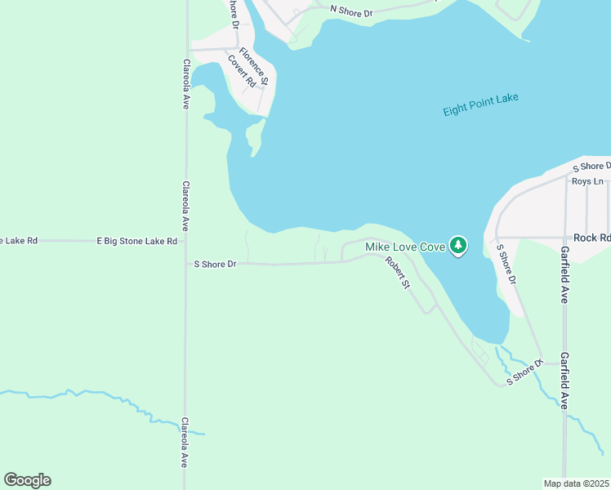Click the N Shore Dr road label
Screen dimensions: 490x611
click(351, 11)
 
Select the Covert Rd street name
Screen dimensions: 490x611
click(248, 70)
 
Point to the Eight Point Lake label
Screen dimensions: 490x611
click(480, 105)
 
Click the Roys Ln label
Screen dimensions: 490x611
click(586, 181)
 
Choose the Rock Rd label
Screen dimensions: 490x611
click(591, 238)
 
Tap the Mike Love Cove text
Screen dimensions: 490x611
click(404, 247)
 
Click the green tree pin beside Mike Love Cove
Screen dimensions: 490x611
click(458, 245)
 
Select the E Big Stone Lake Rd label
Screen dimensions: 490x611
click(137, 241)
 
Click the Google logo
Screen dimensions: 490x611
click(27, 479)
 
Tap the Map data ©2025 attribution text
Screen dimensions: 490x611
click(576, 483)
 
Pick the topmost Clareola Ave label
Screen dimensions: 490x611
click(186, 84)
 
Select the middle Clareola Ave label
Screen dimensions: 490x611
click(186, 207)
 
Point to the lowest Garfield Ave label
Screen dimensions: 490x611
click(564, 381)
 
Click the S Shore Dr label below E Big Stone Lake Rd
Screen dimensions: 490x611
click(215, 264)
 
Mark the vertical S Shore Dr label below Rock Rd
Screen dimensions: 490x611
click(507, 263)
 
